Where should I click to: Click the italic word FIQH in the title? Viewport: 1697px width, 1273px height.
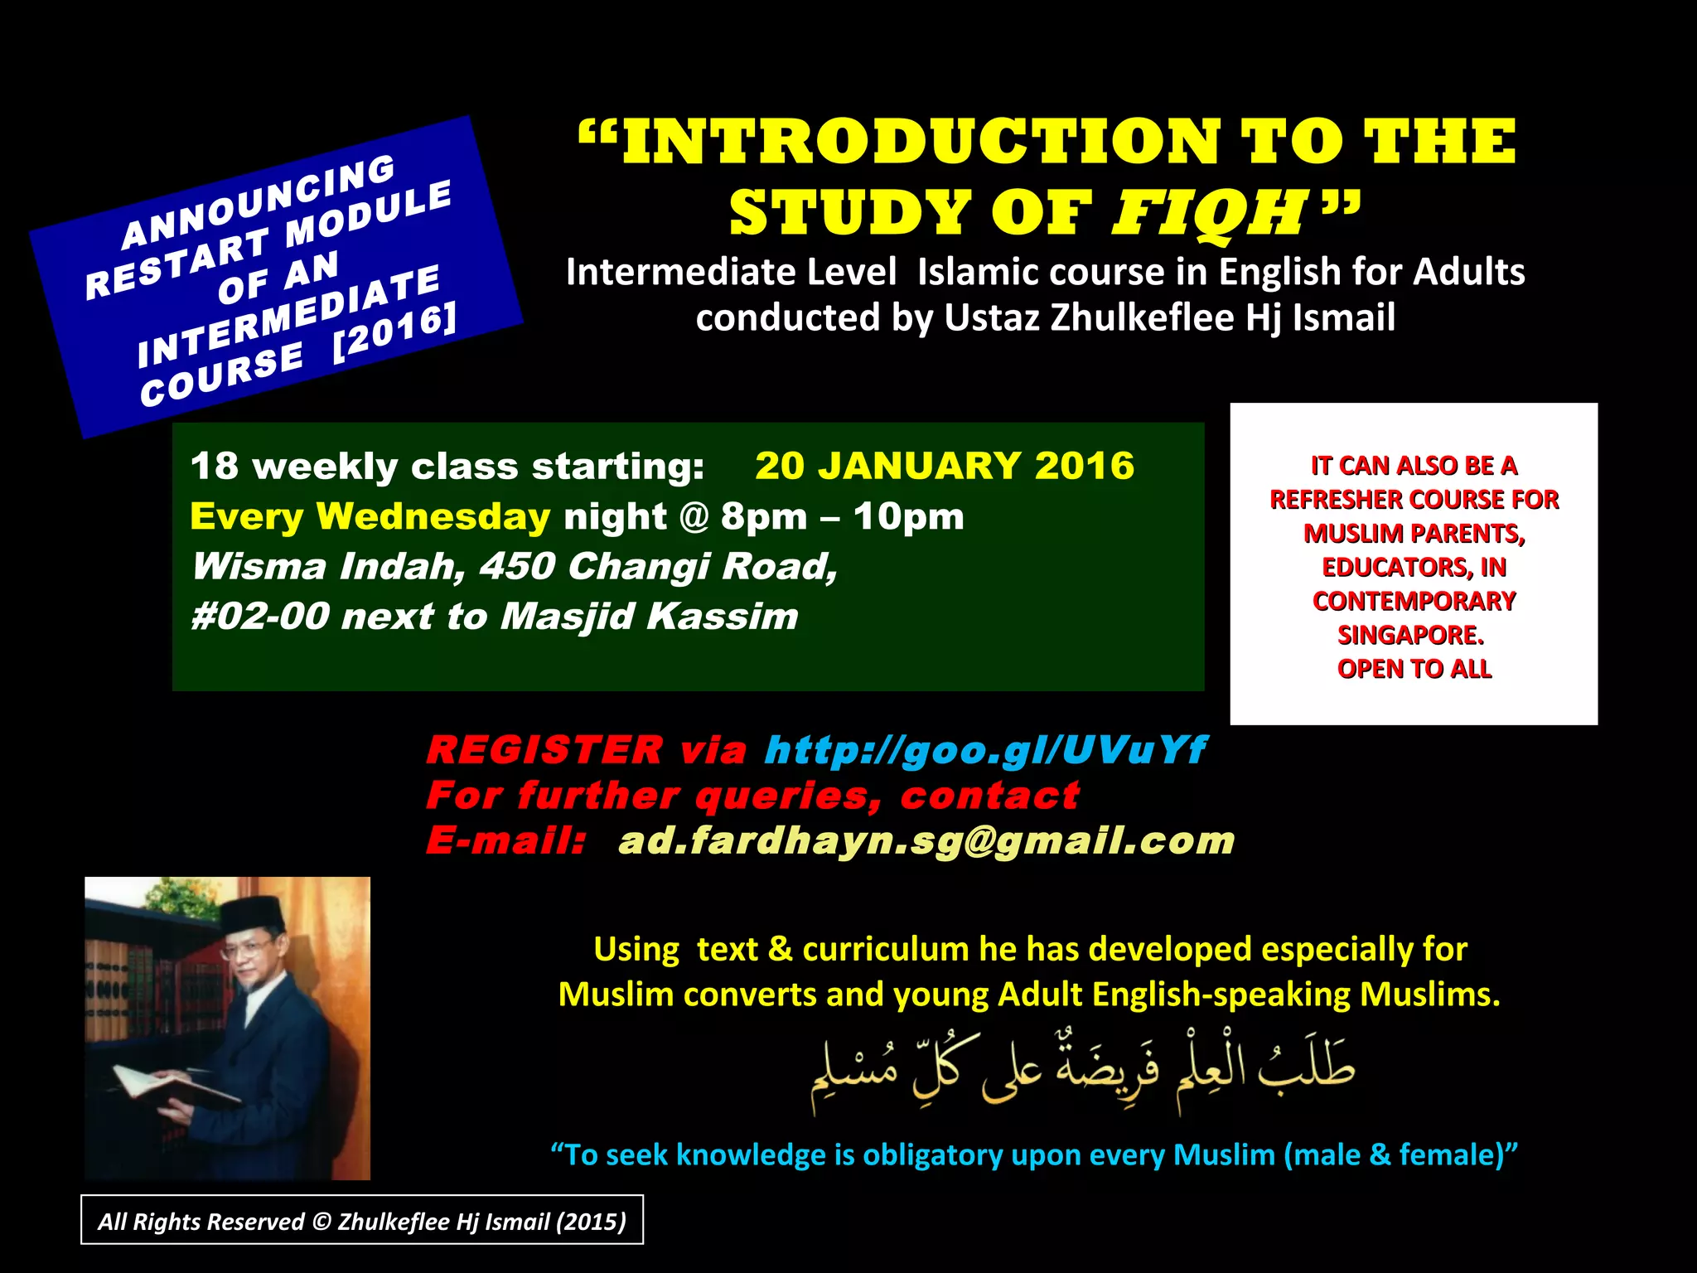click(x=1209, y=213)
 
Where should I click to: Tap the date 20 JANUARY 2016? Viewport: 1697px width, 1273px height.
click(x=945, y=466)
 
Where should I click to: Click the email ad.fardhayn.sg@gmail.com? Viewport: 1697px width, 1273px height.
click(x=926, y=840)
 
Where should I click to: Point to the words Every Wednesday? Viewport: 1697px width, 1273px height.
click(x=370, y=516)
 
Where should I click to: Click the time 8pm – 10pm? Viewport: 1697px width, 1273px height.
click(x=842, y=517)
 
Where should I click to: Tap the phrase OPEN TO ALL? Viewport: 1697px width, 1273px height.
click(x=1414, y=669)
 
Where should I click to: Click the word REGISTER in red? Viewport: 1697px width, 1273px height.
click(x=544, y=750)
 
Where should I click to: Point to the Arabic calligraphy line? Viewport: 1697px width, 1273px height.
click(x=1081, y=1072)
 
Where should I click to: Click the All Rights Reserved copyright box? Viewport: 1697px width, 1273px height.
click(x=362, y=1221)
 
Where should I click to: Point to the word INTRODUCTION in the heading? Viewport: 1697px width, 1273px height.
click(x=921, y=142)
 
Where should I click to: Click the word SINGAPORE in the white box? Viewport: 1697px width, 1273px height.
click(x=1410, y=635)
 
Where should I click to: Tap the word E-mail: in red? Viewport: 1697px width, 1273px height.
click(x=506, y=840)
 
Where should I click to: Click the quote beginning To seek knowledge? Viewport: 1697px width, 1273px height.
click(x=1034, y=1154)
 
